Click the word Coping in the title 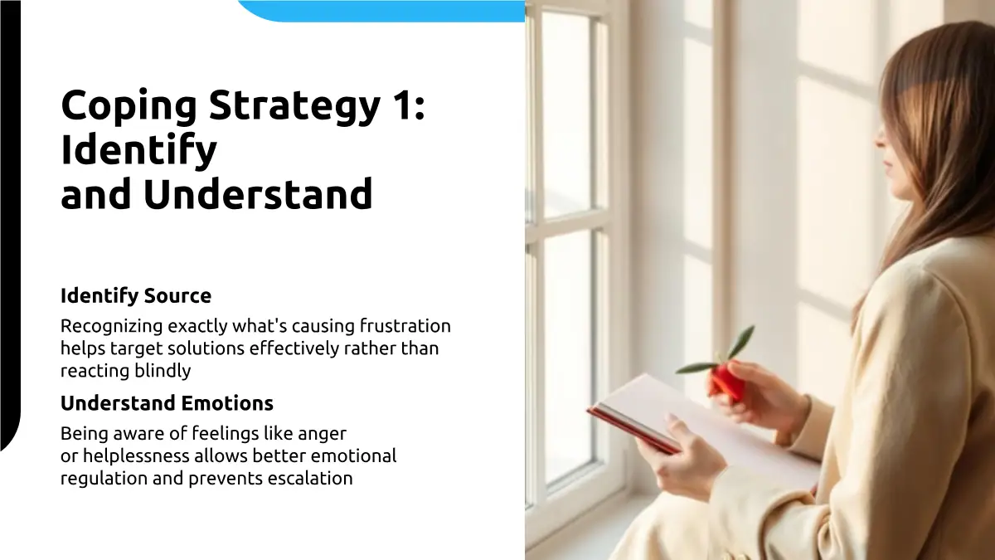(129, 107)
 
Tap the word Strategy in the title (294, 107)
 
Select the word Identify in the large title (138, 151)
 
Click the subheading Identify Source (136, 296)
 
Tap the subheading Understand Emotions (167, 403)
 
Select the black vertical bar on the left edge (10, 222)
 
